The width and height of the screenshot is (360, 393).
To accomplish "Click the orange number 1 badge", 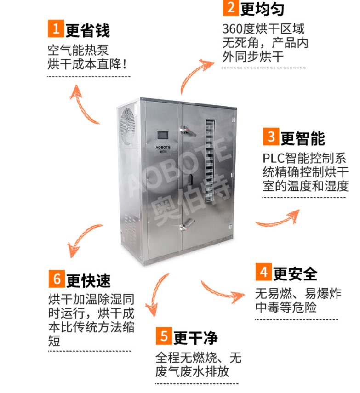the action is click(56, 28).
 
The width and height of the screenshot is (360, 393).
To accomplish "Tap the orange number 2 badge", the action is click(230, 7).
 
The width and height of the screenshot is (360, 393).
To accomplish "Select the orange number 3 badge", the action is click(271, 137).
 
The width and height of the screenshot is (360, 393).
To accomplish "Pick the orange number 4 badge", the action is click(263, 272).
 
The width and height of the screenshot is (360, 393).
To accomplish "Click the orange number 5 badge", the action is click(164, 336).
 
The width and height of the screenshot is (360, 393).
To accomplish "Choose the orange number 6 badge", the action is click(57, 279).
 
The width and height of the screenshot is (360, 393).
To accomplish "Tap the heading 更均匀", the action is click(262, 9).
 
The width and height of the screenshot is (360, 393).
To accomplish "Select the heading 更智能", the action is click(303, 138).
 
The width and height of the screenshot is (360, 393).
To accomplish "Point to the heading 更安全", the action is click(295, 273).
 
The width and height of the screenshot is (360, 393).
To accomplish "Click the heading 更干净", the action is click(195, 337).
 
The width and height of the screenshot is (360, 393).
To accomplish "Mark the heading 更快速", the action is click(88, 280).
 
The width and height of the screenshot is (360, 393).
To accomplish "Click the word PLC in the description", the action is click(273, 159).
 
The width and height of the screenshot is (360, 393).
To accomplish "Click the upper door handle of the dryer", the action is click(188, 131).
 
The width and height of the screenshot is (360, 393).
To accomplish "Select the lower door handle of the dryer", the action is click(187, 225).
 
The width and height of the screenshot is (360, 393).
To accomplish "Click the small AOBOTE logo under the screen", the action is click(163, 149).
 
